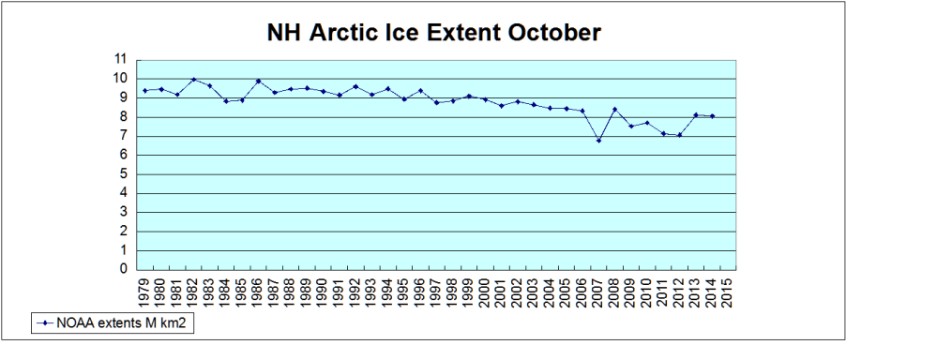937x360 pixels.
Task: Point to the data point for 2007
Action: [598, 141]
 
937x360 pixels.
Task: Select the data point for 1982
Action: [193, 80]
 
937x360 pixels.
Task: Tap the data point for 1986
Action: [258, 81]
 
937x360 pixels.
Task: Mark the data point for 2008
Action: [614, 110]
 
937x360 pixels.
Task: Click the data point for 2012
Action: [679, 135]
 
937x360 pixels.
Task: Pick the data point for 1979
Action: [144, 90]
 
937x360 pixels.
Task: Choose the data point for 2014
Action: [712, 116]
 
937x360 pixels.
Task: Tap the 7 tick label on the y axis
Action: [123, 136]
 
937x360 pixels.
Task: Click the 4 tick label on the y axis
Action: [123, 193]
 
